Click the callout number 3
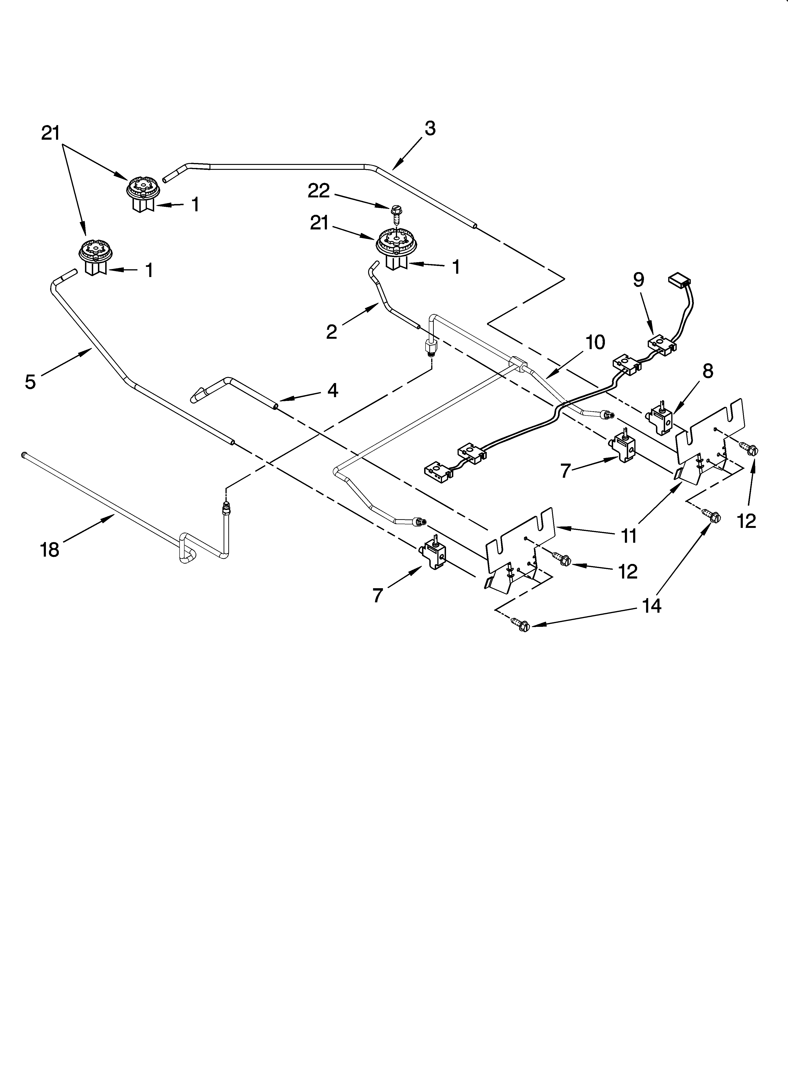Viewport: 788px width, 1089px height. point(430,129)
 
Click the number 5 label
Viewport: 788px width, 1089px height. point(30,382)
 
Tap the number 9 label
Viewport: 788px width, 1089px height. point(638,280)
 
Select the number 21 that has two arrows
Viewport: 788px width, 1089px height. point(50,133)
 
